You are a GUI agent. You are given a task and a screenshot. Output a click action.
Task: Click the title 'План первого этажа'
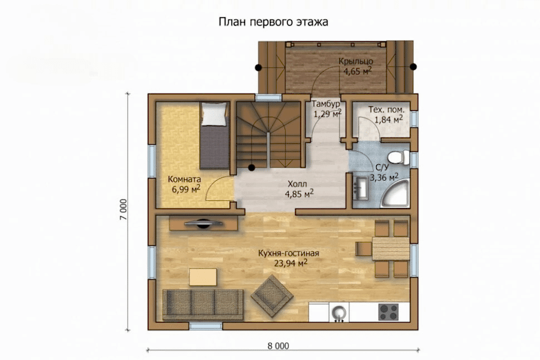coord(273,22)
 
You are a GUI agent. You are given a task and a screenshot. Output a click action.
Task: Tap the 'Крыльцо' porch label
coord(356,62)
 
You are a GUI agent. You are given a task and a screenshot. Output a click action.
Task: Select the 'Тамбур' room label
coord(326,104)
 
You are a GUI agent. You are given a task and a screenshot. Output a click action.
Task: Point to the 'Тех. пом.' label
coord(386,110)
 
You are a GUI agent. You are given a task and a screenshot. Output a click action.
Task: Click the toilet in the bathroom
coord(399,157)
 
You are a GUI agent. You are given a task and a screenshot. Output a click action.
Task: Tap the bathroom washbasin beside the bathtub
coord(361,188)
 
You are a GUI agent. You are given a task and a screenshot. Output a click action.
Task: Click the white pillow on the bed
coord(215,114)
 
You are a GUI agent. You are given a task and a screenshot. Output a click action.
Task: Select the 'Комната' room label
coord(184,179)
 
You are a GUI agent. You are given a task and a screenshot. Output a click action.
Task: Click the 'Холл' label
coord(297,184)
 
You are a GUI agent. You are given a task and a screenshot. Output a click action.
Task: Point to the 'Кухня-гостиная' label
coord(288,254)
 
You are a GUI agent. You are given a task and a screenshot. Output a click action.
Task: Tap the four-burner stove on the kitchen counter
coord(389,312)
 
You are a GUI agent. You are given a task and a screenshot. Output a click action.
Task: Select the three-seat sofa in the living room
coord(203,304)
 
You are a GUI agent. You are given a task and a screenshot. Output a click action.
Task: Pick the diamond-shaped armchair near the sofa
coord(272,295)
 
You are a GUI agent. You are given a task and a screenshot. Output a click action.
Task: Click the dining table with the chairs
coord(391,249)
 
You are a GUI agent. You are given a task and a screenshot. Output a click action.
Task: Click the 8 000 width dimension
coord(278,346)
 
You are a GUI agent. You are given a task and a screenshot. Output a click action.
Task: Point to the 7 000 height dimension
coord(124,209)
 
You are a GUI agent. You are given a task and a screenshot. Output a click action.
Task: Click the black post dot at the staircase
coord(252,167)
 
